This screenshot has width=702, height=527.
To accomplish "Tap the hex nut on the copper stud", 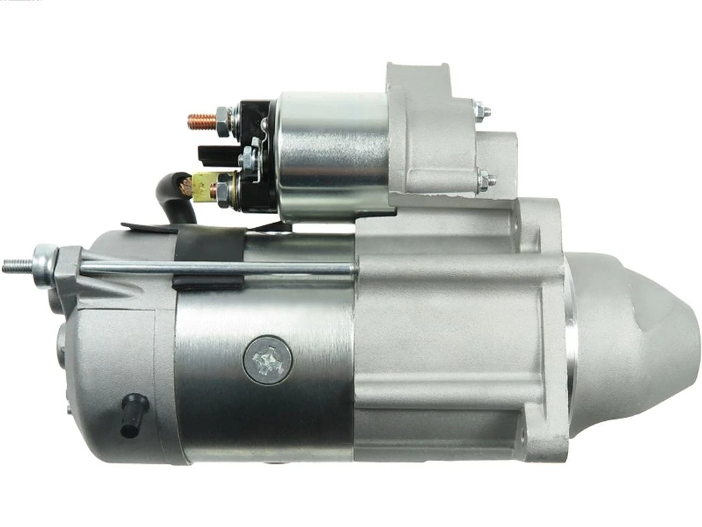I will pyautogui.click(x=223, y=122).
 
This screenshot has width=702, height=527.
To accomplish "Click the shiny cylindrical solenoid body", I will pyautogui.click(x=331, y=156).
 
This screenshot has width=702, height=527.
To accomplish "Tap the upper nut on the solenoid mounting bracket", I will pyautogui.click(x=481, y=111).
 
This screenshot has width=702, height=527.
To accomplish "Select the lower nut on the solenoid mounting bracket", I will pyautogui.click(x=485, y=178).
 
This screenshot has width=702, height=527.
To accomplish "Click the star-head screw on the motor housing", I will pyautogui.click(x=267, y=360).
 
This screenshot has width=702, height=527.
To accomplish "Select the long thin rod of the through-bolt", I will pyautogui.click(x=214, y=267).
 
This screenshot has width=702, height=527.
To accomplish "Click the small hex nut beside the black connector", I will pyautogui.click(x=247, y=157).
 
